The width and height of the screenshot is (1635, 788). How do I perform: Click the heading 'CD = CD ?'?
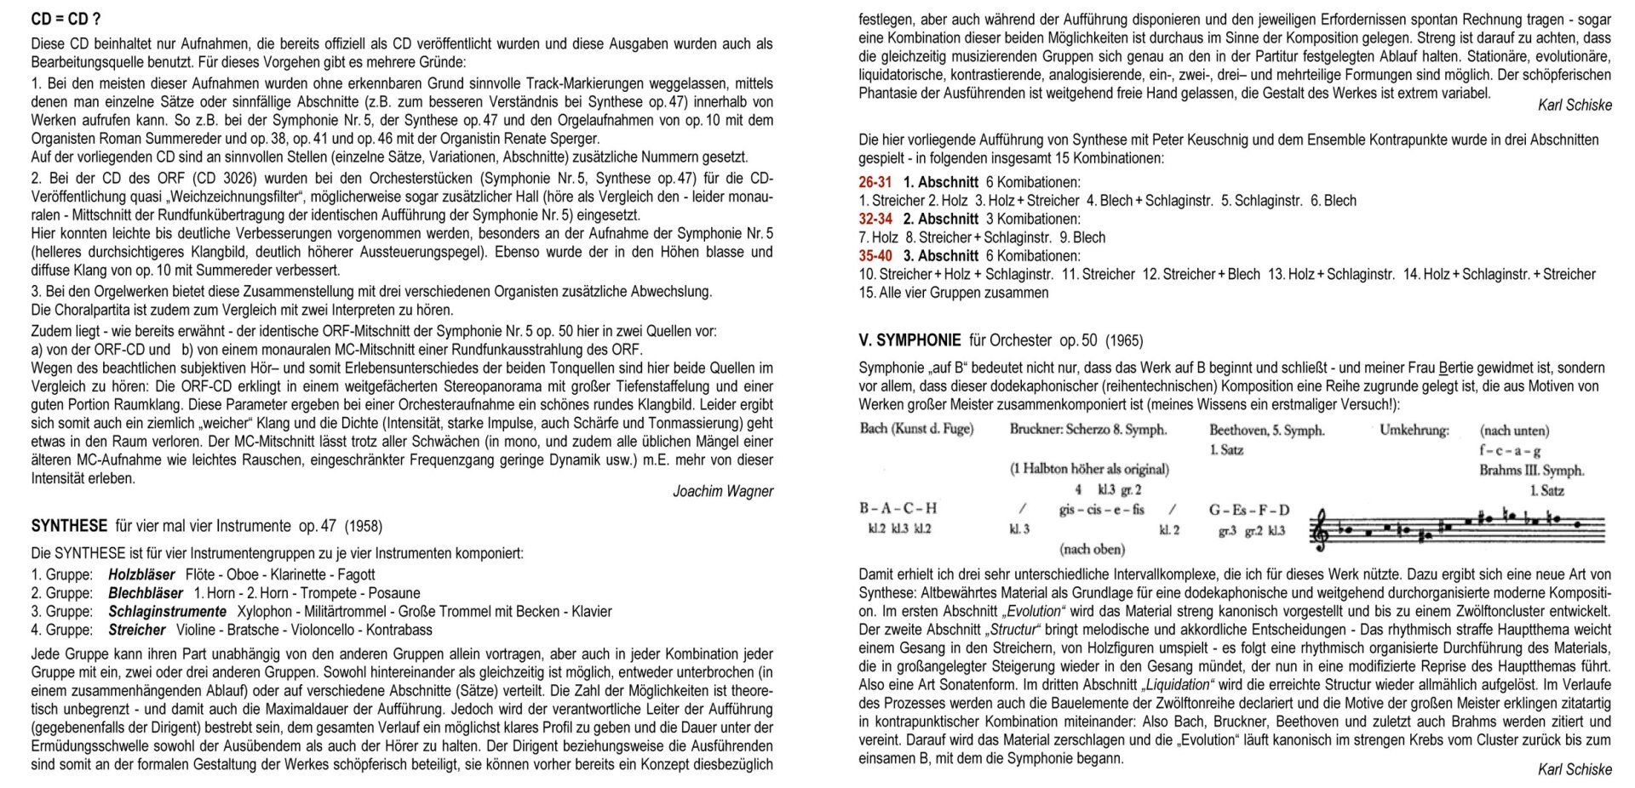(x=66, y=19)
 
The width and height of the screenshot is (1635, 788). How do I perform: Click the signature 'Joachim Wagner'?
(x=722, y=491)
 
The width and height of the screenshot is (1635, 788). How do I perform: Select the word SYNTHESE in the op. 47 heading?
(x=69, y=526)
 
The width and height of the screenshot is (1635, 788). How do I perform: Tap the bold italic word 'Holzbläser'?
(x=141, y=574)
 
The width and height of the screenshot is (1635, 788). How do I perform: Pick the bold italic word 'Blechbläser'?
(x=146, y=593)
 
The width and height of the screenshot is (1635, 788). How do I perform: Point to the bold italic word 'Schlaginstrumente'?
(x=167, y=611)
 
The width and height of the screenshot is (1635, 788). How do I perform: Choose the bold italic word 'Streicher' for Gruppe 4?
(x=136, y=630)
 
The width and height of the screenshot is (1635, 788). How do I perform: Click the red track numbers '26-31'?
(x=875, y=182)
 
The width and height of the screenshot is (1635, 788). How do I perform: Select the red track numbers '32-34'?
(x=875, y=219)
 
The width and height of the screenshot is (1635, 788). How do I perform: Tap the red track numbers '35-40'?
(x=875, y=255)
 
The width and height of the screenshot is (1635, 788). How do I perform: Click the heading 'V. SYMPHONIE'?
(x=909, y=340)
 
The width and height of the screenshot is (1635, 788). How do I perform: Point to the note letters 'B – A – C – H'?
(x=898, y=509)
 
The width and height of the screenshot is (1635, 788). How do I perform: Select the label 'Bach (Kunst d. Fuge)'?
(x=916, y=429)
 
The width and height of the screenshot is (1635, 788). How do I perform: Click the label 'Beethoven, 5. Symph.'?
(x=1266, y=431)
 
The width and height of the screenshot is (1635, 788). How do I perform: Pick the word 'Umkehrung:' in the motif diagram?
(x=1414, y=431)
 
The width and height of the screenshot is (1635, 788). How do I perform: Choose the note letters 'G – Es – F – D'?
(x=1248, y=511)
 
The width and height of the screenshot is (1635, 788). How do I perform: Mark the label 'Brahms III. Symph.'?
(x=1531, y=470)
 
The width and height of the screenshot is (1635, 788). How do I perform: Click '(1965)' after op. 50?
(x=1124, y=340)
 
